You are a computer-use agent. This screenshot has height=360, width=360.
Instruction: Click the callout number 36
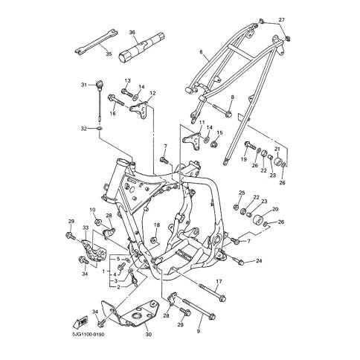(x=132, y=32)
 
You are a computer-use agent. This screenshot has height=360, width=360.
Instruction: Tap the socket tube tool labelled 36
(x=141, y=48)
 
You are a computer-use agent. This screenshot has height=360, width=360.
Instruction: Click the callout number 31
(x=84, y=85)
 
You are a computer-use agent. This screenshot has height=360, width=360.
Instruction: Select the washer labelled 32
(x=100, y=129)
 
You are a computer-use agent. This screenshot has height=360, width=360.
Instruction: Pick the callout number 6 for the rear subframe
(x=201, y=52)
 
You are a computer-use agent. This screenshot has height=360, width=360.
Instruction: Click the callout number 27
(x=281, y=20)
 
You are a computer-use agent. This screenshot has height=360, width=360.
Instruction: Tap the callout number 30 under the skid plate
(x=148, y=335)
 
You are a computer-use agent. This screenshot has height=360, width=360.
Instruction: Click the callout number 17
(x=219, y=281)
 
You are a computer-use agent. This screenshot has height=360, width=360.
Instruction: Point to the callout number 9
(x=199, y=331)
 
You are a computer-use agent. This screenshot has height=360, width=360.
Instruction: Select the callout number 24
(x=259, y=261)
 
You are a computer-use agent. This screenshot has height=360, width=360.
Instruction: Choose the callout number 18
(x=157, y=225)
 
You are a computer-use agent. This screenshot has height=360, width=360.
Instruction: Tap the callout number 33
(x=86, y=228)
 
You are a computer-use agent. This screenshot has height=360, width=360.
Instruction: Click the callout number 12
(x=152, y=93)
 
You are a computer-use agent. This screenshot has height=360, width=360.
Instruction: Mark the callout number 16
(x=113, y=113)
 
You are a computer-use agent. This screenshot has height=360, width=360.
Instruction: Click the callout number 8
(x=232, y=97)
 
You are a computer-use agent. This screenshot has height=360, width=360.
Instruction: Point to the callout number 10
(x=92, y=210)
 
